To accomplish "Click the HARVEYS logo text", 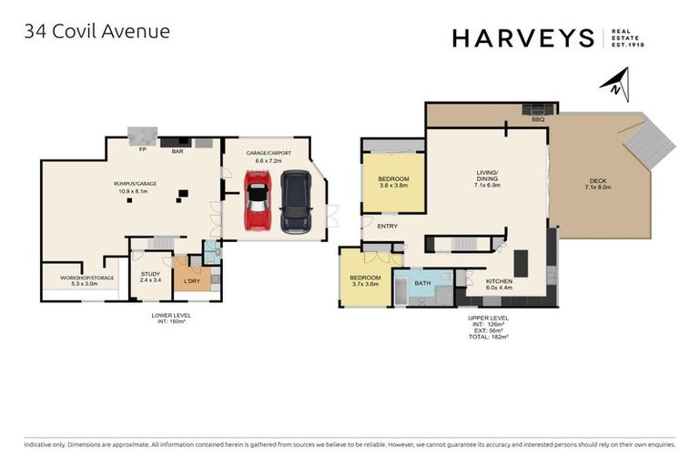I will click(x=522, y=37).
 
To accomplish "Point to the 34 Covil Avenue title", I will click(x=97, y=32).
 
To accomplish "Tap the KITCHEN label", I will click(x=499, y=281).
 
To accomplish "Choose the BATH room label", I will click(x=422, y=283).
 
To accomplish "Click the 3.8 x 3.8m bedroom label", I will click(x=393, y=181).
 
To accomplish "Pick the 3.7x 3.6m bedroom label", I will click(x=364, y=279).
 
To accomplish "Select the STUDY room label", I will click(x=150, y=277).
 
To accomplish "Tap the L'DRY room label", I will click(x=191, y=281).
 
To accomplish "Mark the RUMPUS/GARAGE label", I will click(x=132, y=187).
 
